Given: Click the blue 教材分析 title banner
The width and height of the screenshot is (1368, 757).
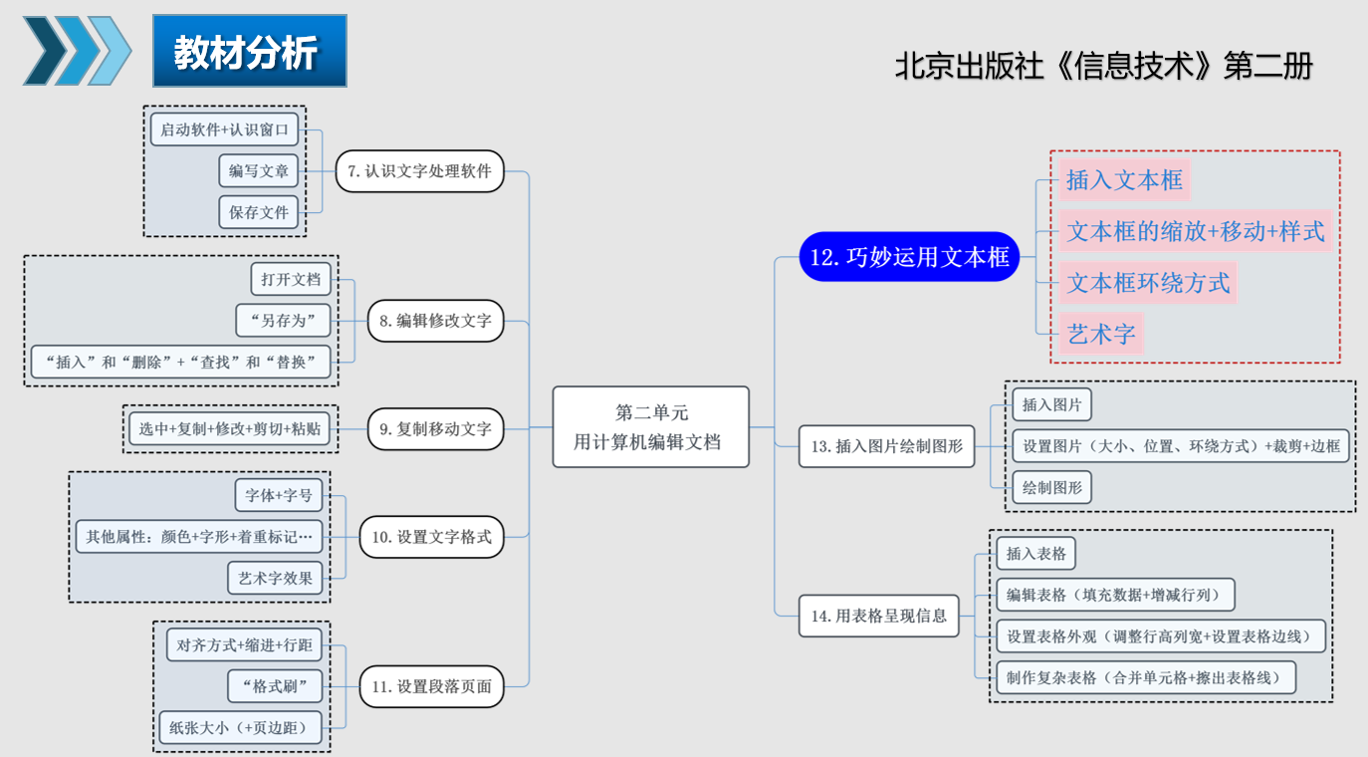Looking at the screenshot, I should (249, 51).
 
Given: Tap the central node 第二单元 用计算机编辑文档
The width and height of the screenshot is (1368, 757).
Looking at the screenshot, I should (651, 426).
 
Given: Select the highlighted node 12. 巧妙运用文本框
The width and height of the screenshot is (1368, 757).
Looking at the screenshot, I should (909, 258).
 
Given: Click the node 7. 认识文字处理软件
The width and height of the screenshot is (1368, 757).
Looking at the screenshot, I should (420, 171).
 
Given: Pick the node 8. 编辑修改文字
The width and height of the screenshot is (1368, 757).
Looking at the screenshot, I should (435, 321).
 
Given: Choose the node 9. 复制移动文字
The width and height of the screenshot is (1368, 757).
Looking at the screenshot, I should (435, 429).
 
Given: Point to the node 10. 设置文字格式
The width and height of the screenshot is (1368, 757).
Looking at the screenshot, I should (431, 537).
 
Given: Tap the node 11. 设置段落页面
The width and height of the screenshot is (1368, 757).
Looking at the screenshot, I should (431, 686).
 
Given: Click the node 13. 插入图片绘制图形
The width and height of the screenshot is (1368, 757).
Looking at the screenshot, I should (887, 446).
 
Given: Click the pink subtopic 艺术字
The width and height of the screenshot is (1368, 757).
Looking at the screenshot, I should (1101, 334).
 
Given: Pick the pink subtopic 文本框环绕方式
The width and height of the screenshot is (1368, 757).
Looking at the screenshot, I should (1148, 283).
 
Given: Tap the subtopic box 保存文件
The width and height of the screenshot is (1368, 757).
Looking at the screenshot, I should (259, 212).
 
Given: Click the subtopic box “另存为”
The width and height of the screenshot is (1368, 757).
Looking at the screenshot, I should (283, 321).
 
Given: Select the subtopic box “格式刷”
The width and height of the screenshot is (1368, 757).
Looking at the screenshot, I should (275, 686).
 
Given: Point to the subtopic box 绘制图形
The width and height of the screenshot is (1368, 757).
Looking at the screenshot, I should (1052, 488).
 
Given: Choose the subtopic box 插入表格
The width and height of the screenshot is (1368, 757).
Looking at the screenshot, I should (1035, 554).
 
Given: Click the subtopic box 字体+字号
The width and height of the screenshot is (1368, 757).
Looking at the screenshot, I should (279, 495).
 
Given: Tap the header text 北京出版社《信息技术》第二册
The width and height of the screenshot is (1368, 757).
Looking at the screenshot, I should (1104, 66).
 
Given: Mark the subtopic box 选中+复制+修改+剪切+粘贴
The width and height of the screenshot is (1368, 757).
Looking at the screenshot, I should (230, 429).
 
